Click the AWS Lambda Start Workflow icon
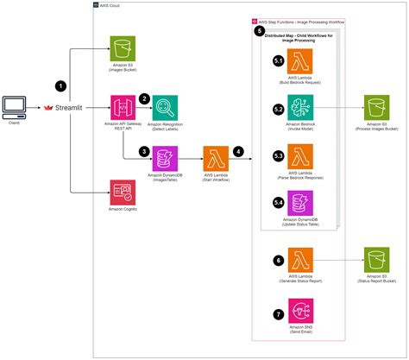[x=214, y=159]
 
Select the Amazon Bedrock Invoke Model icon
[x=298, y=111]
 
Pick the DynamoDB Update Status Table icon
[x=298, y=205]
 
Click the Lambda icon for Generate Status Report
[x=298, y=262]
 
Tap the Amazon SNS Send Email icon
[x=298, y=311]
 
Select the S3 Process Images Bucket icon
[x=376, y=111]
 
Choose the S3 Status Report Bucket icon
[x=376, y=262]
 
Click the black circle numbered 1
[x=60, y=86]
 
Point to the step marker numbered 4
[x=238, y=151]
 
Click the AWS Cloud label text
[x=111, y=5]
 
